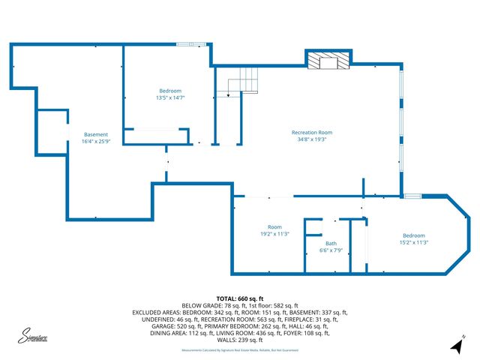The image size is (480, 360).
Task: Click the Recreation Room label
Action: click(311, 133)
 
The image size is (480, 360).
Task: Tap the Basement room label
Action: click(96, 134)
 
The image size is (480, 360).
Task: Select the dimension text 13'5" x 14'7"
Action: click(170, 97)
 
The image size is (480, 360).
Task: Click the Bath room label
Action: click(331, 244)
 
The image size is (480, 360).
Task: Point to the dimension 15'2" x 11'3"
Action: click(412, 242)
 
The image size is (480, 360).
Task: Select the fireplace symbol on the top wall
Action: click(328, 61)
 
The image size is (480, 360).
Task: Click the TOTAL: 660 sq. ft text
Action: click(239, 298)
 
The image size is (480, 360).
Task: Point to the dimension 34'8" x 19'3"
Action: click(311, 139)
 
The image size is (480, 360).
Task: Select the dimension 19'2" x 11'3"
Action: click(274, 234)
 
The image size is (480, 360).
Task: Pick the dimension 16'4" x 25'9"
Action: click(96, 141)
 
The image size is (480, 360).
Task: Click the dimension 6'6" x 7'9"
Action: click(331, 250)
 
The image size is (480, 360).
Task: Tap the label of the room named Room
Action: click(274, 227)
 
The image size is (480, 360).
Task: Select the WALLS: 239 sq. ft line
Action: click(239, 340)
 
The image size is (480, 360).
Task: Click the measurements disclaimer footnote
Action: click(239, 349)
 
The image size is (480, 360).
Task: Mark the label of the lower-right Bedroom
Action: click(412, 235)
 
